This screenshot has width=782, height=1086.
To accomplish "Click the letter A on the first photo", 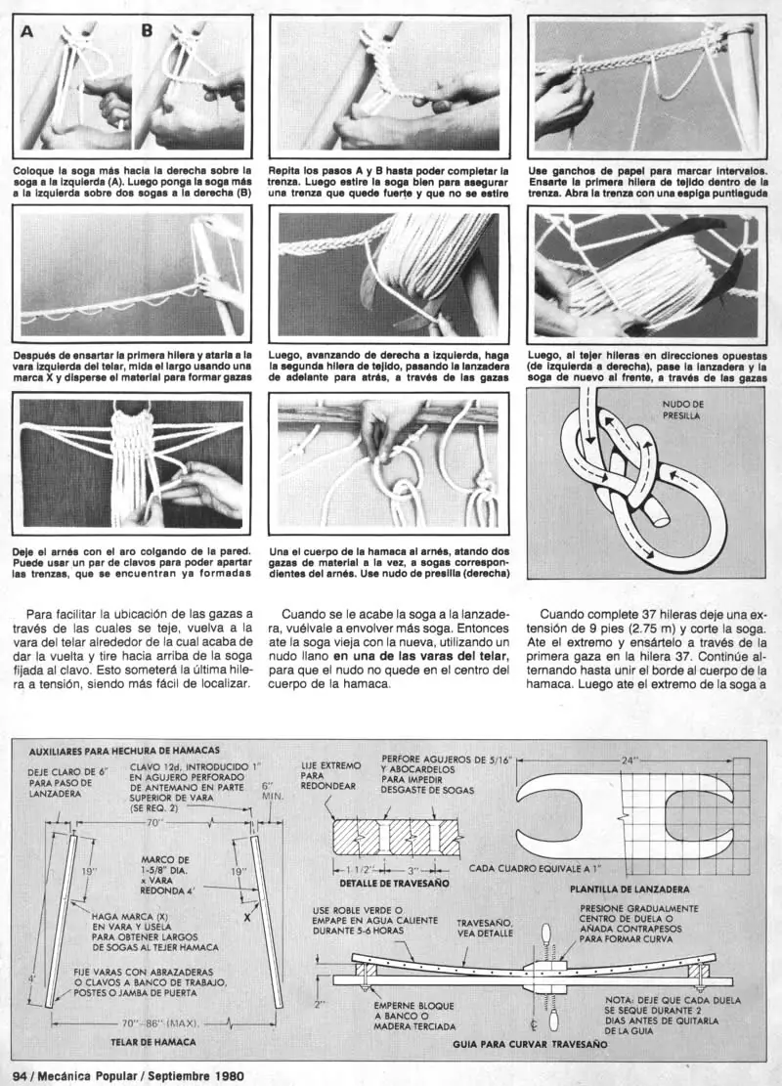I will (x=26, y=30).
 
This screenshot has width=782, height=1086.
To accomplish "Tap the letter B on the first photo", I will (x=147, y=30).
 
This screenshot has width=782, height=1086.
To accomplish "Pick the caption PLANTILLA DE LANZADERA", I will (x=631, y=890).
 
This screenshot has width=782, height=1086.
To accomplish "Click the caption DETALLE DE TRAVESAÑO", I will (x=394, y=883).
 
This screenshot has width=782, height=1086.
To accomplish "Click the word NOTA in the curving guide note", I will (x=622, y=1000).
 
